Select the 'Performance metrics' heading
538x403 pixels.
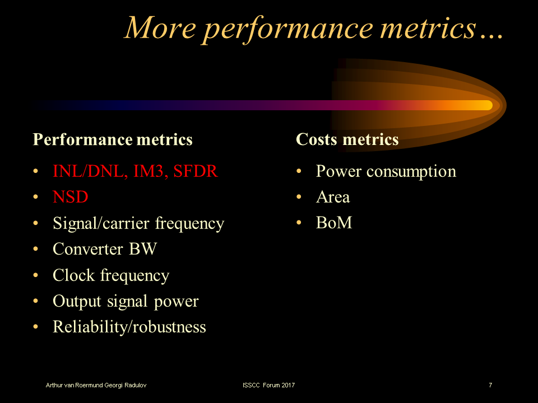point(113,139)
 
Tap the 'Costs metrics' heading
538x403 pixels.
point(347,139)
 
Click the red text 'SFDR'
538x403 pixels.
point(196,171)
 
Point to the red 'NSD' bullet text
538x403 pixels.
point(71,197)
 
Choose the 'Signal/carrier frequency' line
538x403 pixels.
point(138,223)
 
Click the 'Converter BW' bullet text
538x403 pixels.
point(105,249)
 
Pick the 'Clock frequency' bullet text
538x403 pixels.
point(111,275)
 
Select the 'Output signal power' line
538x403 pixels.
point(126,301)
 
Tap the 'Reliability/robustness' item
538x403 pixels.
point(129,327)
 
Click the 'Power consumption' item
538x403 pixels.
point(386,171)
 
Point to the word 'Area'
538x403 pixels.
point(333,197)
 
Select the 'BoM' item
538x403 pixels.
point(334,223)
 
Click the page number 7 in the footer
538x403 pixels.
point(490,385)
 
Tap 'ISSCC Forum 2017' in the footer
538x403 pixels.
point(269,385)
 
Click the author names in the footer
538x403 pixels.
point(97,385)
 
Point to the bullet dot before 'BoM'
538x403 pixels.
point(299,223)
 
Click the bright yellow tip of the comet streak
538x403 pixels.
point(483,105)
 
